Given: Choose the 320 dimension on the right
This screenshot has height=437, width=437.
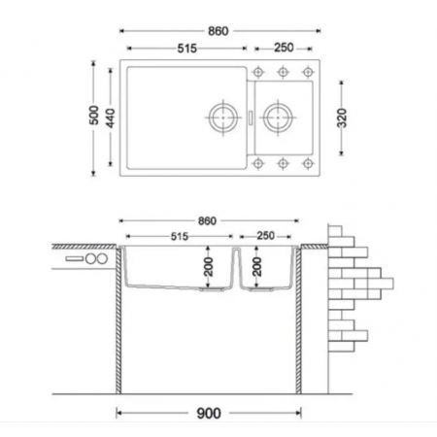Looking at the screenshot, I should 344,119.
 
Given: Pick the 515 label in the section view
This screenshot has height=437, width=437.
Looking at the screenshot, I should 182,236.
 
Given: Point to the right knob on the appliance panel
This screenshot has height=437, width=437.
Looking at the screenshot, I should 99,262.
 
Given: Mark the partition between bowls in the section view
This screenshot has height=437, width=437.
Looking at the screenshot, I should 235,267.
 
